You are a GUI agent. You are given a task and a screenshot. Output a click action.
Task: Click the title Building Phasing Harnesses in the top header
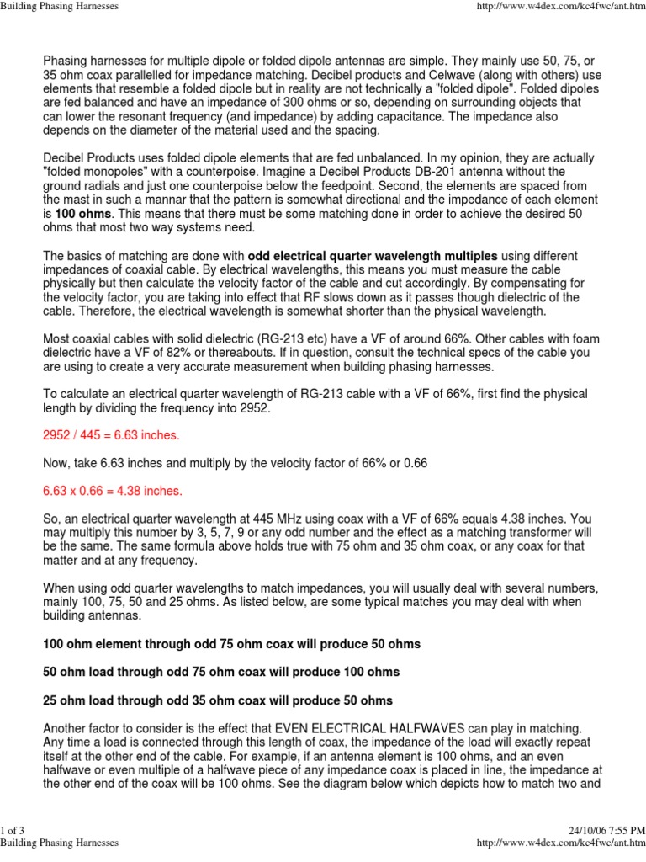(59, 6)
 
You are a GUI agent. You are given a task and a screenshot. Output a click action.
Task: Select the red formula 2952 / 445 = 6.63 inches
(111, 435)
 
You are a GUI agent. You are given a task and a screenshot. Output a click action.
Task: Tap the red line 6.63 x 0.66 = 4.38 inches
(112, 490)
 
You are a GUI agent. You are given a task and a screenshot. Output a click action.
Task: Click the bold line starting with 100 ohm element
(231, 644)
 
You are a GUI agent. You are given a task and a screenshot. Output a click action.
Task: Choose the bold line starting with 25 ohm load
(218, 700)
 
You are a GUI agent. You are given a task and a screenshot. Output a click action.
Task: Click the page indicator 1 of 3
(13, 833)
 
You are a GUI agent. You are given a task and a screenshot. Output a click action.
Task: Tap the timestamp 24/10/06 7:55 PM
(606, 833)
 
